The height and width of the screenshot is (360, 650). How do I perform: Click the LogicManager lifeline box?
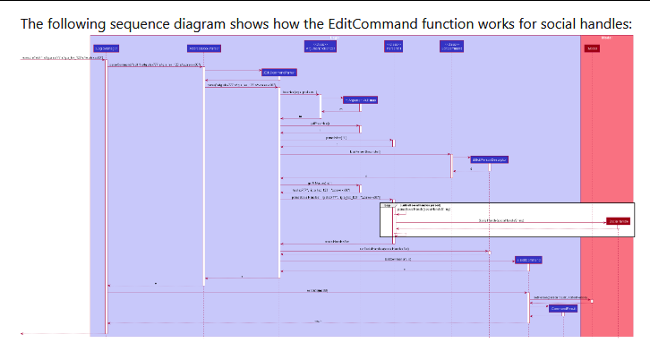coord(106,47)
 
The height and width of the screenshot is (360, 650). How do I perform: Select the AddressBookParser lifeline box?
coord(204,47)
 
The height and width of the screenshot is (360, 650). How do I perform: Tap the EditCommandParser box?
coord(278,72)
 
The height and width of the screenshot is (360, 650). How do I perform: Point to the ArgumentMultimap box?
coord(360,99)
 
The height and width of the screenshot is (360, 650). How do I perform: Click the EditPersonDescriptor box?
coord(490,159)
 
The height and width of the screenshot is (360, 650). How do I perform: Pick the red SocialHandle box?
coord(618,220)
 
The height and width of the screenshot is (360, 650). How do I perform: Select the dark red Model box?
coord(592,47)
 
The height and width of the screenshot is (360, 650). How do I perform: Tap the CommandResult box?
coord(563,308)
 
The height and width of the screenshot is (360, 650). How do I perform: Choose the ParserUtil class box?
coord(393,46)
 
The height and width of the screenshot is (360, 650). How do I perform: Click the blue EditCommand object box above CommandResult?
coord(528,260)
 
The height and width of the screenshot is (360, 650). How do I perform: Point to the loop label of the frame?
coord(387,205)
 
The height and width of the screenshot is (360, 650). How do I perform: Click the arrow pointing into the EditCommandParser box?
coord(233,72)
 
